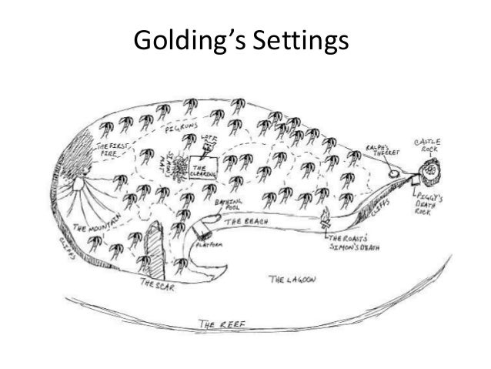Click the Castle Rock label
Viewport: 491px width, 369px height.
click(429, 145)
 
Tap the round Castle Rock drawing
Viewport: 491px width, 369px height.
click(433, 167)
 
